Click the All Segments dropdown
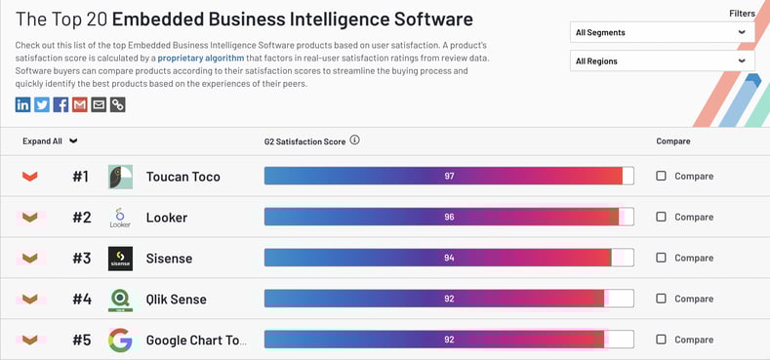[661, 32]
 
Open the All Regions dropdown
[661, 60]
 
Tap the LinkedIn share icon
[23, 104]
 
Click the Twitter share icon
[42, 104]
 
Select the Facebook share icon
[61, 104]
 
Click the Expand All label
[42, 141]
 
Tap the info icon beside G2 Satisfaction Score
[354, 140]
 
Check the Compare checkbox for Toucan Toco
[662, 177]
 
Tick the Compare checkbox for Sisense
[662, 258]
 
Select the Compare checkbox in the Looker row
[662, 217]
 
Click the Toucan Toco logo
[120, 177]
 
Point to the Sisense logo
[120, 258]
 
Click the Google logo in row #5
[120, 340]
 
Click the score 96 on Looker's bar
[449, 217]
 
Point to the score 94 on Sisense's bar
[449, 258]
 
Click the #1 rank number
[80, 177]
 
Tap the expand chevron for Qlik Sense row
[30, 299]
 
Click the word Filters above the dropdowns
[742, 13]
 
